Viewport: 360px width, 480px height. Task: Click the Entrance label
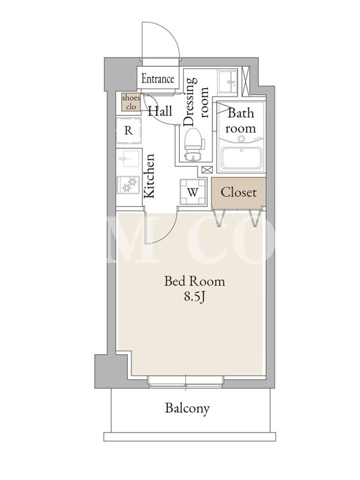coord(158,79)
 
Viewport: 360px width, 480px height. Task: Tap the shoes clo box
coord(131,102)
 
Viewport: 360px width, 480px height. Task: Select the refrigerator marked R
coord(128,130)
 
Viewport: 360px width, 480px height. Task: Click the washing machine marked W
coord(193,192)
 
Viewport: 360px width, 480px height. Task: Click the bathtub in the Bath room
coord(242,158)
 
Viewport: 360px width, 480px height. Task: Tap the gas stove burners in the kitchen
coord(129,184)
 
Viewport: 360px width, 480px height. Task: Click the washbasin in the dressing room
coord(227,81)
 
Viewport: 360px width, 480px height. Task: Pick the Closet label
coord(238,193)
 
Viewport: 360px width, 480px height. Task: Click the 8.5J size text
coord(194,296)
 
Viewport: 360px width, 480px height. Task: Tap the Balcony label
coord(187,409)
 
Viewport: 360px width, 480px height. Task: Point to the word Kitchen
coord(149,176)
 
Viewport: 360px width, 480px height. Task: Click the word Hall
coord(160,111)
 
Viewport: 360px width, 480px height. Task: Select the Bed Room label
coord(194,281)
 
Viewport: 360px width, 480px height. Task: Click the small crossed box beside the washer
coord(206,170)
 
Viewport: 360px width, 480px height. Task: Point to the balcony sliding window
coord(185,381)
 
